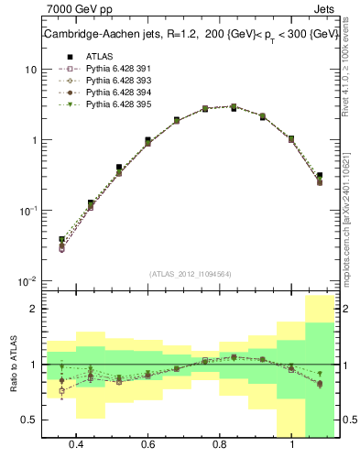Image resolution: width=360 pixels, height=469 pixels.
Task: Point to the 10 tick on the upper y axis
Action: click(30, 70)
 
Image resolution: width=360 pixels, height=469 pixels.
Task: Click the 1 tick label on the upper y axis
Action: click(33, 140)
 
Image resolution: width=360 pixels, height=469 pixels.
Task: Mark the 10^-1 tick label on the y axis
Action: click(27, 210)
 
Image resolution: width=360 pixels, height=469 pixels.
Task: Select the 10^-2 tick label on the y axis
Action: click(27, 280)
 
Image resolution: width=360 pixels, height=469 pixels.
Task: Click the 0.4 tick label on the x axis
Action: click(76, 444)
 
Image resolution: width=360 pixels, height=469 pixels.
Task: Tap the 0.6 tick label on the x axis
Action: click(147, 444)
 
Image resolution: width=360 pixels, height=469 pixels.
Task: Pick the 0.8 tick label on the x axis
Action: click(220, 444)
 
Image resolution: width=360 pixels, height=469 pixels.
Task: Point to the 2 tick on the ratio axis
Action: click(33, 310)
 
